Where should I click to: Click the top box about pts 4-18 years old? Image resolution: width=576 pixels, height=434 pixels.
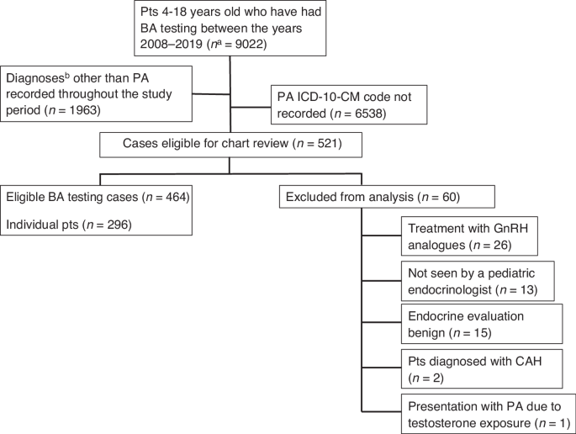tap(229, 27)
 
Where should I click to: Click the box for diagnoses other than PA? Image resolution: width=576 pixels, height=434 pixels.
tap(98, 92)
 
